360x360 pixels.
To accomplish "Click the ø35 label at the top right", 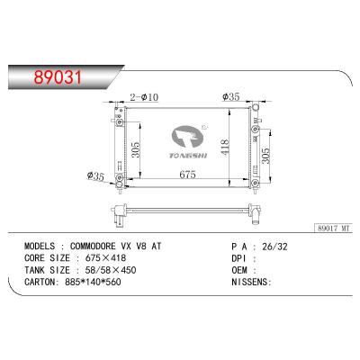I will [x=232, y=96].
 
